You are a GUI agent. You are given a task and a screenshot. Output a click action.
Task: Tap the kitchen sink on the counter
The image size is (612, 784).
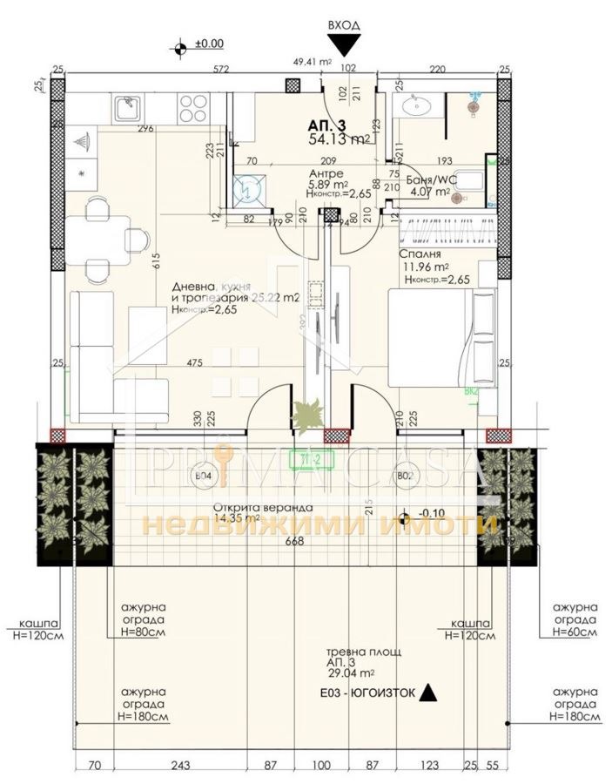126,108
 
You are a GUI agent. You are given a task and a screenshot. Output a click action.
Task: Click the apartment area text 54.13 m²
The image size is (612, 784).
340,139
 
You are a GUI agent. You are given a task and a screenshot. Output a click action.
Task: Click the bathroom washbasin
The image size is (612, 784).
414,108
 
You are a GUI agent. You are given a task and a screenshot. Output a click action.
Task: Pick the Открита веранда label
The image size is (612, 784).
253,509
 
